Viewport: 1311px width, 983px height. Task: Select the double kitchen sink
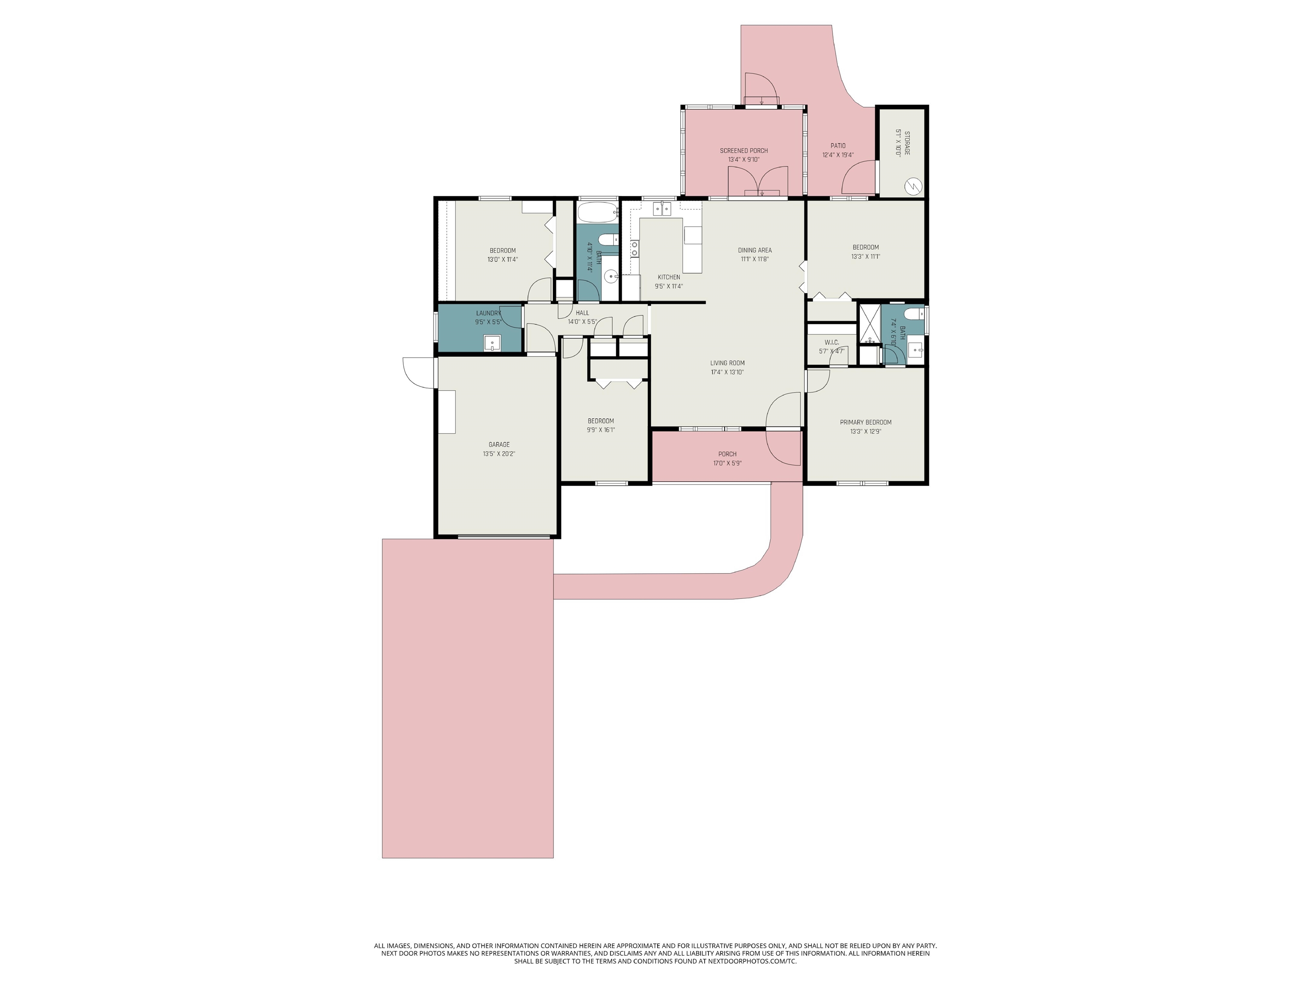pos(662,208)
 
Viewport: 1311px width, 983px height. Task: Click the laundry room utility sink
pos(492,343)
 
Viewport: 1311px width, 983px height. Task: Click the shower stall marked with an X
pos(869,324)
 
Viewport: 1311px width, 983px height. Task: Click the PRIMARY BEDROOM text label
pos(865,423)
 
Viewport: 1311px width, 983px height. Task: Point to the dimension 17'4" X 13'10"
pos(727,372)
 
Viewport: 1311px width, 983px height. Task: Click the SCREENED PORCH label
pos(744,151)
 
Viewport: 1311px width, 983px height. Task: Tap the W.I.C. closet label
pos(831,342)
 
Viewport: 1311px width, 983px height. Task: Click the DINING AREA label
pos(755,250)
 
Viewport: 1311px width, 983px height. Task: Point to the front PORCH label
pos(727,454)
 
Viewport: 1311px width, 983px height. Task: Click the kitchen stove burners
pos(635,248)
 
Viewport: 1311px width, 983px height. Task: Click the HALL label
pos(582,313)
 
